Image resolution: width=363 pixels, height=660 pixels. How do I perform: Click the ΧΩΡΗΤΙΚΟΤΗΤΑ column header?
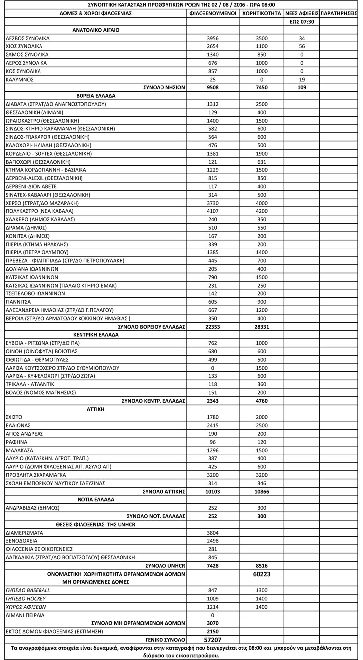pyautogui.click(x=262, y=13)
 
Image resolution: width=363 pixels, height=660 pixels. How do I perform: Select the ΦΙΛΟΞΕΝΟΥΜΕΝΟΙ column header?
pyautogui.click(x=213, y=13)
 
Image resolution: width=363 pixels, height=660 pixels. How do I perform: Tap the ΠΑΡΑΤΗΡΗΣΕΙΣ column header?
pyautogui.click(x=338, y=13)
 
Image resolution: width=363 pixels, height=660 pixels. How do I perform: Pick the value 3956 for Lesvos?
pyautogui.click(x=213, y=38)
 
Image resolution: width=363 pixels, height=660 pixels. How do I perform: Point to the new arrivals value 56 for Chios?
pyautogui.click(x=302, y=46)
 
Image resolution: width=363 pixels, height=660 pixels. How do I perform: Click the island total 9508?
pyautogui.click(x=213, y=88)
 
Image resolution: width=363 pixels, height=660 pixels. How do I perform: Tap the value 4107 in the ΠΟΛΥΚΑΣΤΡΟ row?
pyautogui.click(x=213, y=211)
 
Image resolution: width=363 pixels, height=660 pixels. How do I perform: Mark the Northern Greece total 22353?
pyautogui.click(x=213, y=327)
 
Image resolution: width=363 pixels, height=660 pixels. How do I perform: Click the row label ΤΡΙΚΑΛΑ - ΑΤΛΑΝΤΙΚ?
pyautogui.click(x=30, y=384)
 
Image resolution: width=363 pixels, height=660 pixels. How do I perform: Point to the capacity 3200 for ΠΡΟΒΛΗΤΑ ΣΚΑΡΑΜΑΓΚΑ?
pyautogui.click(x=262, y=475)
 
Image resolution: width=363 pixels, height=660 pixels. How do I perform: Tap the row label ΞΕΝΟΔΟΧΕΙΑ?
pyautogui.click(x=22, y=541)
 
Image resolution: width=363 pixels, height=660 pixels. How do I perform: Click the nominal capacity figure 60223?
pyautogui.click(x=262, y=574)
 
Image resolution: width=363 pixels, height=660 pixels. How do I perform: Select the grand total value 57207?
pyautogui.click(x=213, y=640)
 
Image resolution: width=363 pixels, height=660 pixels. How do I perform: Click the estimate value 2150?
pyautogui.click(x=213, y=632)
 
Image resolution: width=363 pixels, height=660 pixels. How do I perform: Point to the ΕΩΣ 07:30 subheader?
pyautogui.click(x=302, y=22)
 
